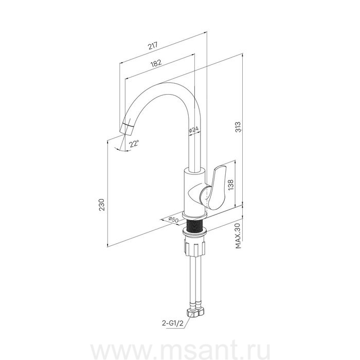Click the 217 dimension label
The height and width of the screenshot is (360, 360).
coord(153,46)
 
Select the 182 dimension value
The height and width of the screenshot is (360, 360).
coord(156,63)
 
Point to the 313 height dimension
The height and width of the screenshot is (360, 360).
coord(239,127)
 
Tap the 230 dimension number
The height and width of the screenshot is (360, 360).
coord(101,205)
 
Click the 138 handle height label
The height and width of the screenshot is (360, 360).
coord(230,184)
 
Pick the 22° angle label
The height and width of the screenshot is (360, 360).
coord(134,144)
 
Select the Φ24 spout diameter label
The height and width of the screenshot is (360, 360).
coord(193,130)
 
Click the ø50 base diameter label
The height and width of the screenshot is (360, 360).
coord(173,220)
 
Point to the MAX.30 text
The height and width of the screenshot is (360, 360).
coord(238,236)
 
